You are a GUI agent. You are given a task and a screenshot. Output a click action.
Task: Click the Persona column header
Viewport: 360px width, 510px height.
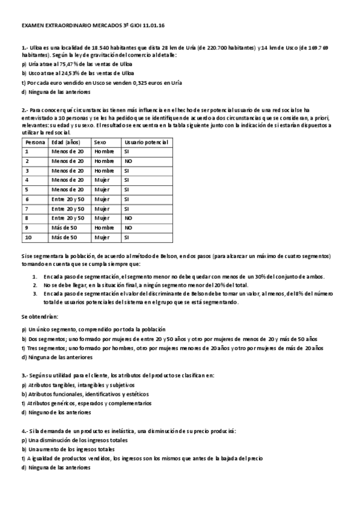[35, 142]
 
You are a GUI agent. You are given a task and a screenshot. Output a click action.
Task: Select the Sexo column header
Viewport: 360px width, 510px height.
[100, 142]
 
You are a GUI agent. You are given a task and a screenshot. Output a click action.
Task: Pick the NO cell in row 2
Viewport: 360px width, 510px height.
[128, 161]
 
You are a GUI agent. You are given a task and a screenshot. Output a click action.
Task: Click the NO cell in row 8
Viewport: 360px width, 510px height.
[128, 218]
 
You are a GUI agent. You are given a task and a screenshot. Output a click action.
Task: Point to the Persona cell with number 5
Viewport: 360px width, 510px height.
[27, 189]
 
